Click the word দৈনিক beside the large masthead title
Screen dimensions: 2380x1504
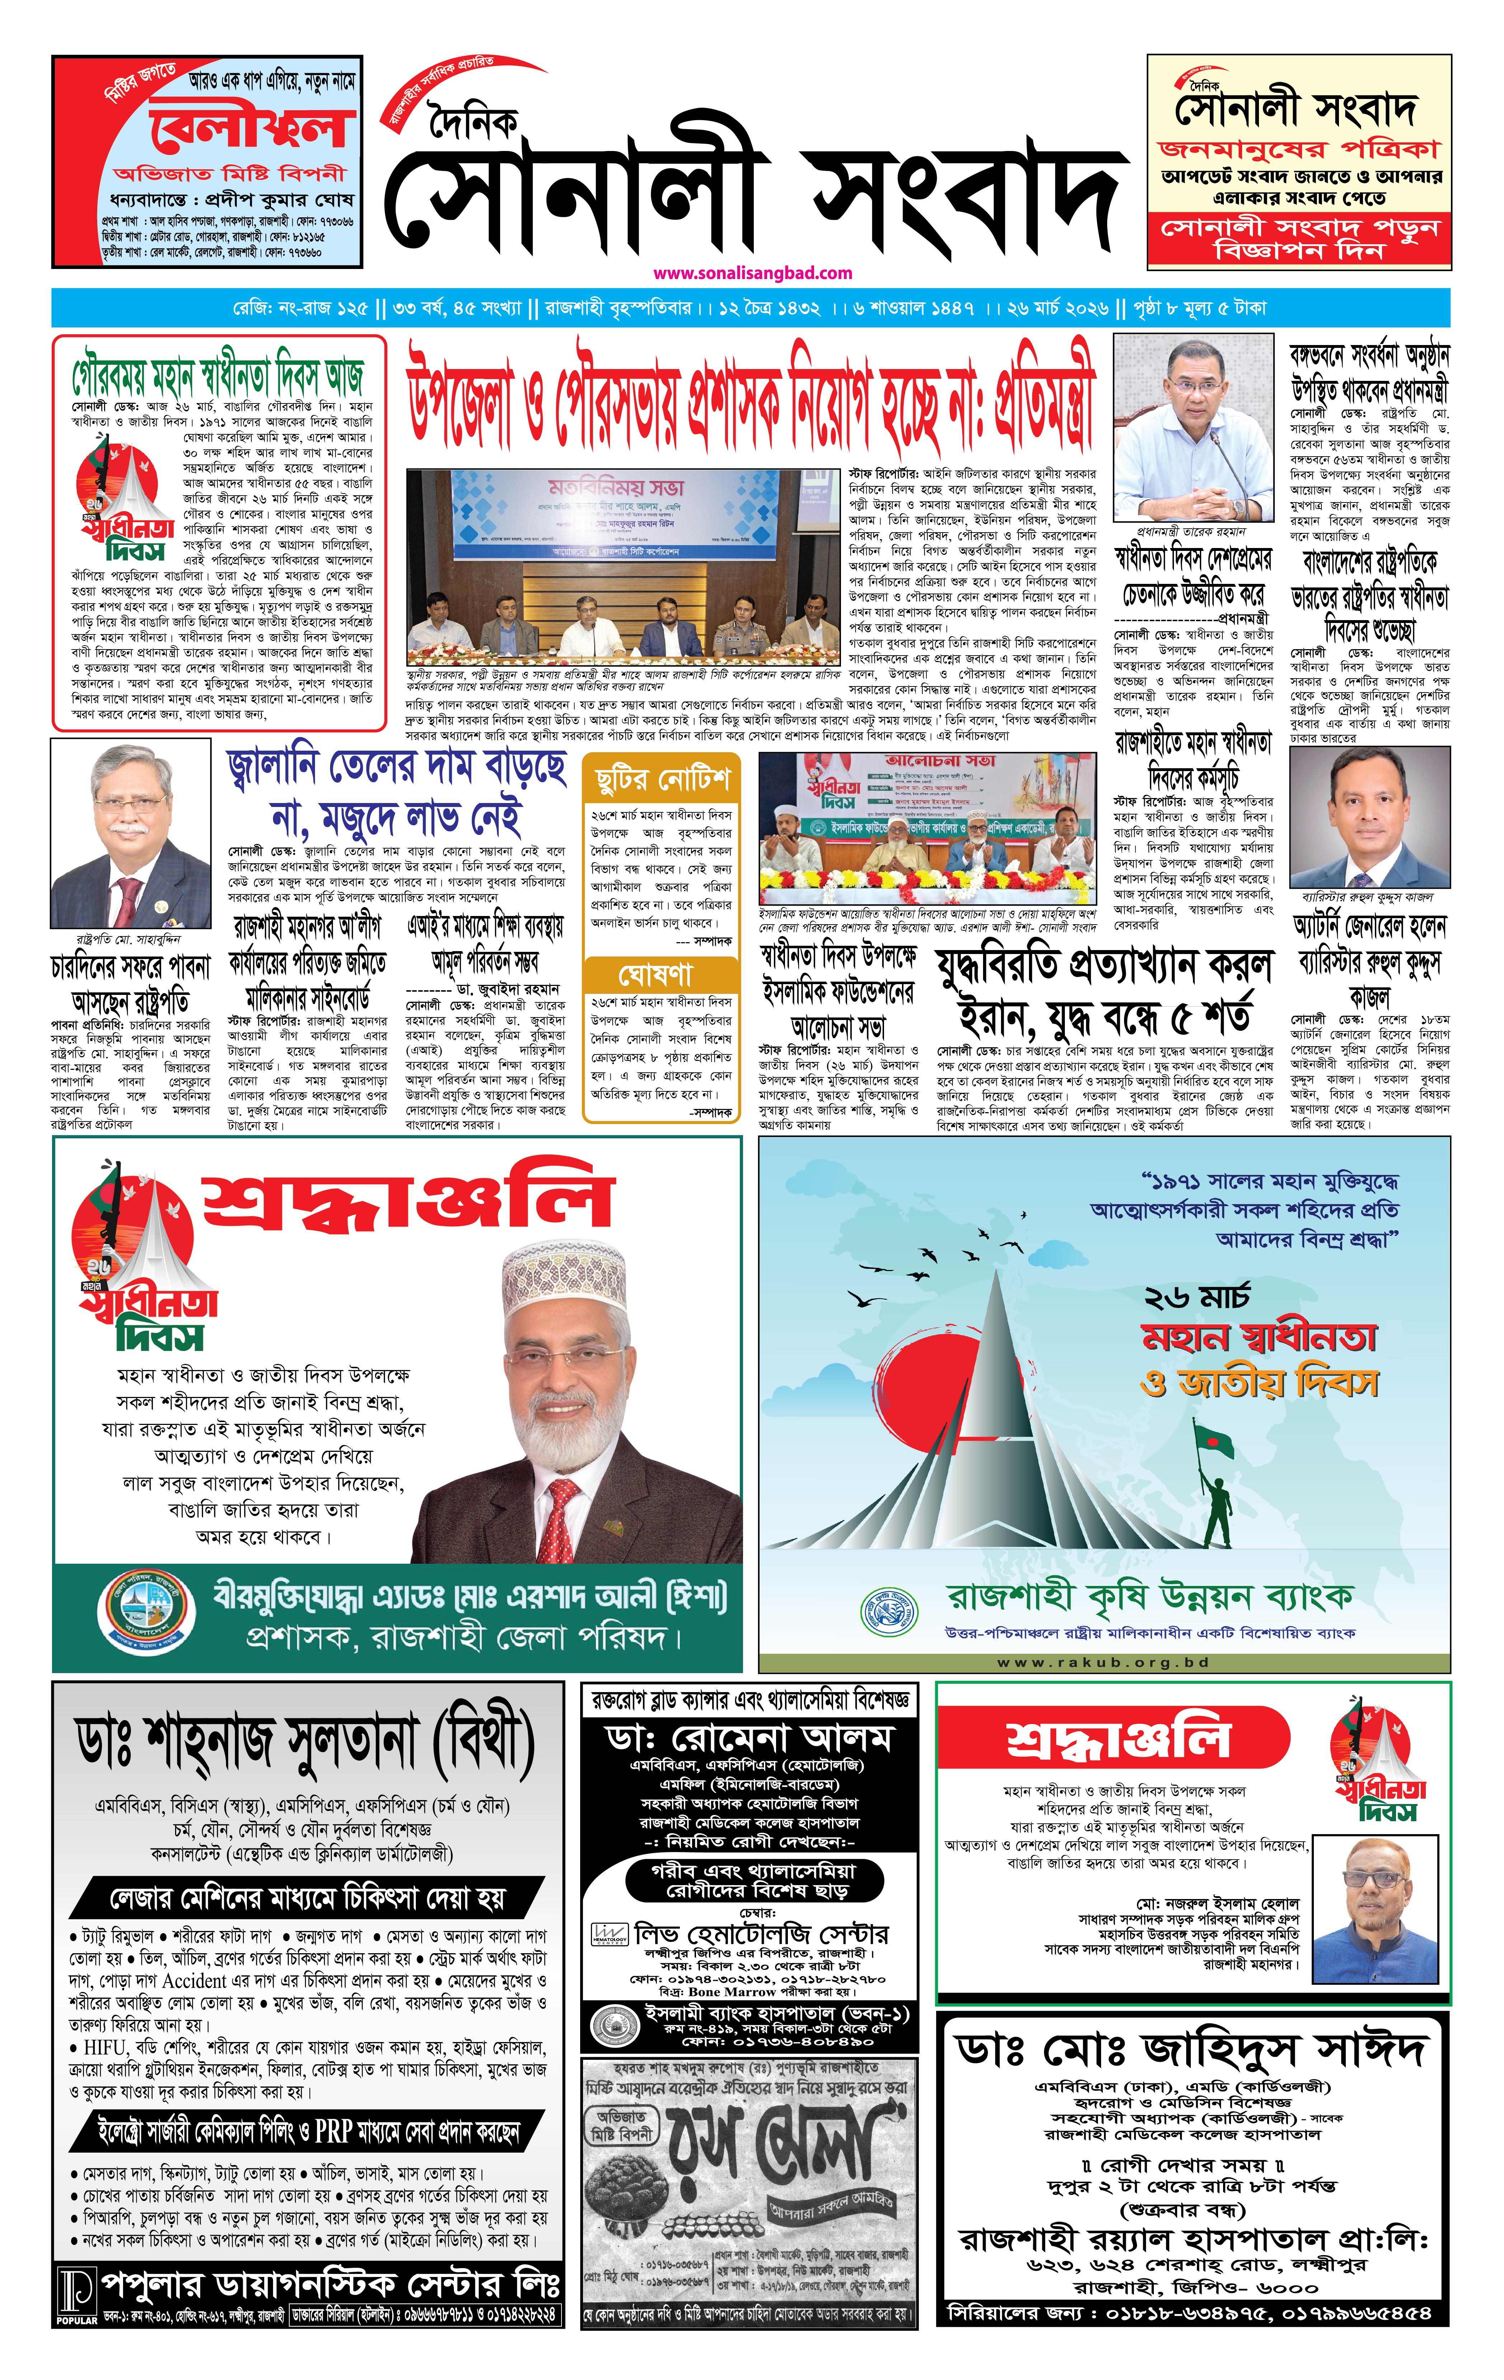(473, 126)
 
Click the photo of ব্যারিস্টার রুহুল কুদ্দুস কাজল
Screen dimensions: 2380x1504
(1369, 818)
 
